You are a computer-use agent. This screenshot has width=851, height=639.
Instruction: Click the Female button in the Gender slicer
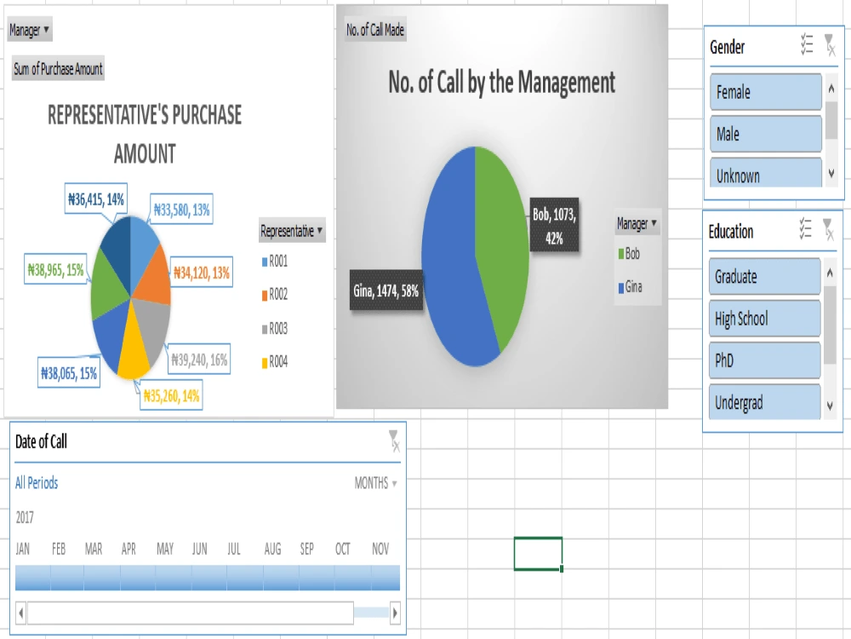765,92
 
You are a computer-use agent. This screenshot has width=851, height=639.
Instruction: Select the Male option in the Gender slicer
765,134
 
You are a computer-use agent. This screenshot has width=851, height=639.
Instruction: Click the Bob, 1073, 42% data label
555,227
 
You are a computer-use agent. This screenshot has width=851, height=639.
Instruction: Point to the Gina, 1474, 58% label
386,291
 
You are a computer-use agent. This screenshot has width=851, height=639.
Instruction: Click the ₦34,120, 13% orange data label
202,273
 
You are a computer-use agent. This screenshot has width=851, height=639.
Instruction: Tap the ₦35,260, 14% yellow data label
172,396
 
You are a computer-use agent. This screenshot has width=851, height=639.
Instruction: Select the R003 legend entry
278,329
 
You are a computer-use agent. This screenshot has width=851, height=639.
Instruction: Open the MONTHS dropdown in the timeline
375,483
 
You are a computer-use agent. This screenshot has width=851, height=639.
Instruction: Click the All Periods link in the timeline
37,483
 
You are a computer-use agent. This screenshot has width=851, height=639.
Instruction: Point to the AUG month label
272,550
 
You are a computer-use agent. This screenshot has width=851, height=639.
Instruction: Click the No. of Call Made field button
375,31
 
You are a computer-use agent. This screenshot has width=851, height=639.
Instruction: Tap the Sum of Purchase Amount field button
58,70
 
